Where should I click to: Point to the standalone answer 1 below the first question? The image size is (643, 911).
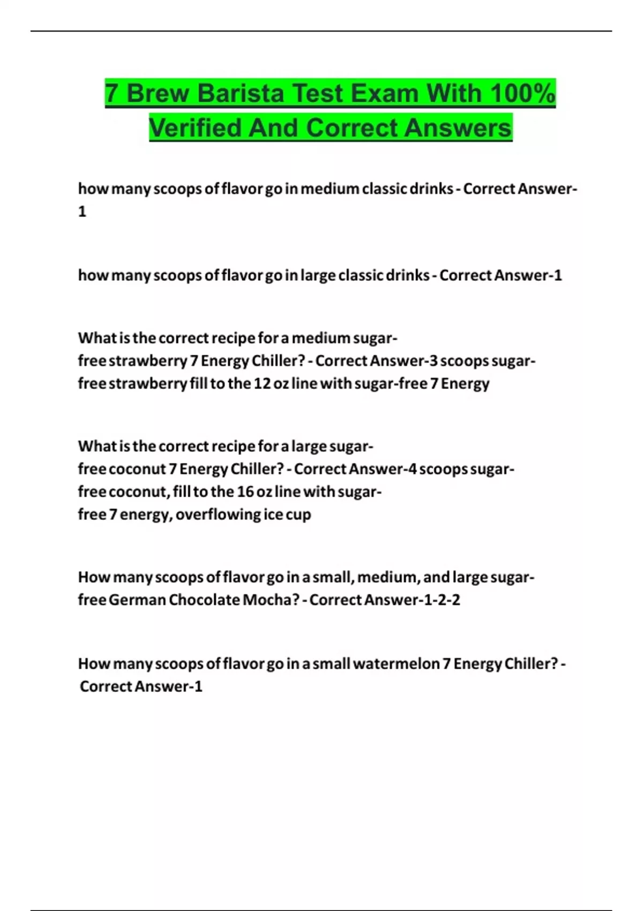point(82,212)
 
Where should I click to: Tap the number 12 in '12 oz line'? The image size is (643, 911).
point(262,384)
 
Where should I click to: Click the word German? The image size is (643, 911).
point(137,600)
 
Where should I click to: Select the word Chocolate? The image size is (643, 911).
point(204,600)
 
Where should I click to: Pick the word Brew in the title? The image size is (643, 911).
point(158,93)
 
